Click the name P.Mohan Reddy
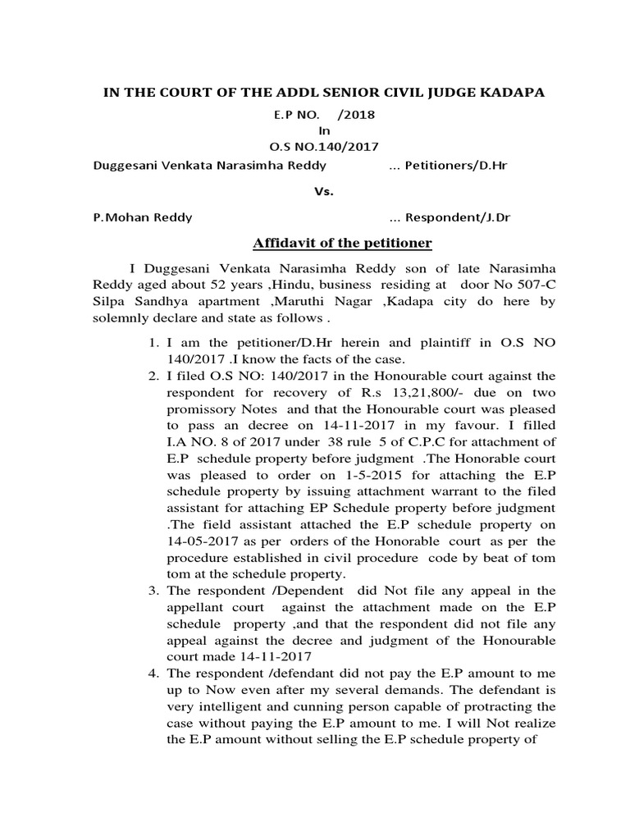coord(144,217)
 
